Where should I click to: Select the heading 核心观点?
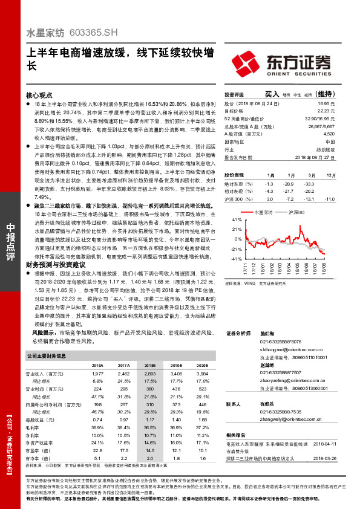[x=39, y=96]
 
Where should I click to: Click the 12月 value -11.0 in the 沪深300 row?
[x=329, y=198]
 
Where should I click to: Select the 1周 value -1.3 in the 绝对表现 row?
[x=269, y=183]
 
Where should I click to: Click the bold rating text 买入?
[x=272, y=94]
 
